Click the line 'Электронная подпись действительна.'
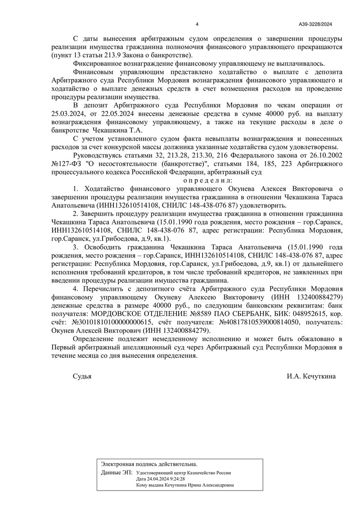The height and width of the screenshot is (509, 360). pyautogui.click(x=149, y=464)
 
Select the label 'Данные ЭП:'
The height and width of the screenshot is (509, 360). pyautogui.click(x=117, y=473)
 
